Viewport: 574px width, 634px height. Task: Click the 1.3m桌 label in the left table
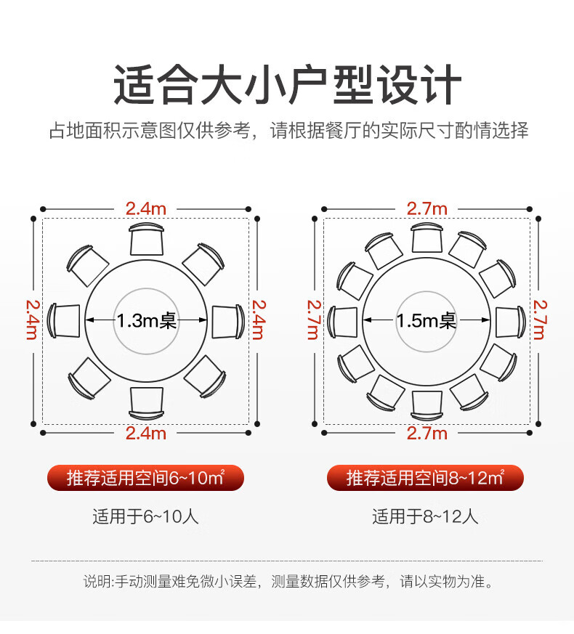tap(147, 321)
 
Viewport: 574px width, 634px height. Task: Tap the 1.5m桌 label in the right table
tap(427, 321)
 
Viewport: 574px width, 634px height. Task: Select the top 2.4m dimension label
tap(145, 209)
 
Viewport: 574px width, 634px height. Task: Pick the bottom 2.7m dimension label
tap(427, 434)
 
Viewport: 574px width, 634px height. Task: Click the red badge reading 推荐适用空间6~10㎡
tap(145, 478)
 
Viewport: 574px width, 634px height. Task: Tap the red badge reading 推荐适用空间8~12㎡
tap(425, 478)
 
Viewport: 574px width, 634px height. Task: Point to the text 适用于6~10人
tap(145, 517)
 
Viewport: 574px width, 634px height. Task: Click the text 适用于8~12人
tap(425, 517)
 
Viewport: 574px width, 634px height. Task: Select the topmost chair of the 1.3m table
tap(147, 239)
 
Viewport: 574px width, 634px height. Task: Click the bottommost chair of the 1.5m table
tap(427, 405)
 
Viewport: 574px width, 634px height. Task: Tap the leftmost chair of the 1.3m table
tap(63, 321)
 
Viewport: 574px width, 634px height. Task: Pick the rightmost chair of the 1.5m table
tap(510, 322)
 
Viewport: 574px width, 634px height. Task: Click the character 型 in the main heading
tap(352, 85)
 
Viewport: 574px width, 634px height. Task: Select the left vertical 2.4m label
tap(33, 320)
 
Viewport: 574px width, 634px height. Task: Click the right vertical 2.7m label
tap(540, 320)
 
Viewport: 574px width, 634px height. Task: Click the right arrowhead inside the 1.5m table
tap(485, 320)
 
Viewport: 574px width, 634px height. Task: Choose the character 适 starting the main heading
tap(134, 85)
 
